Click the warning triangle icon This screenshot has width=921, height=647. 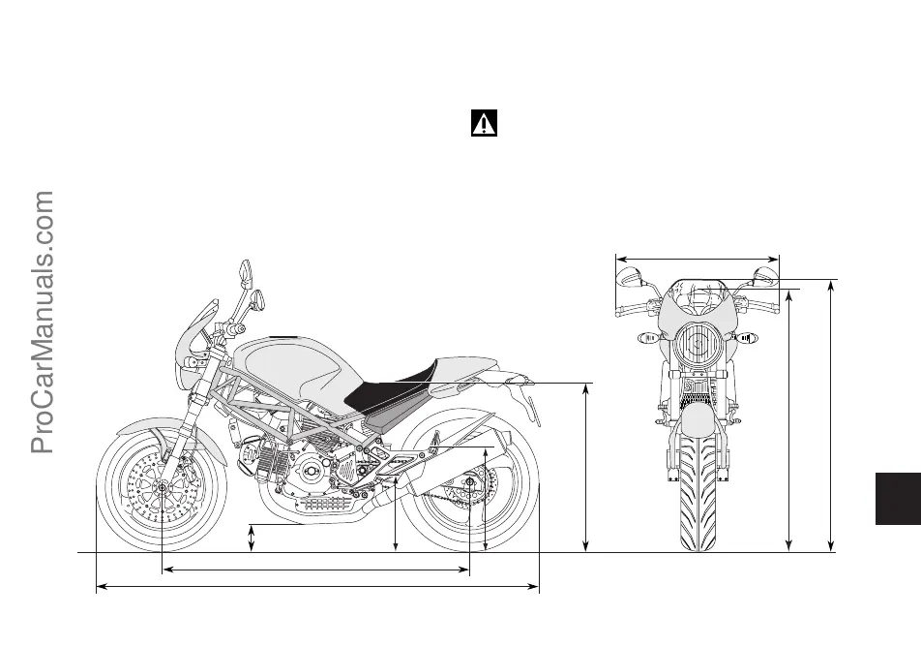tap(484, 124)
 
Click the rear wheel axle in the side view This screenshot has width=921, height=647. tap(469, 481)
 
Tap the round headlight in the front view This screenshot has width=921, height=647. tap(697, 345)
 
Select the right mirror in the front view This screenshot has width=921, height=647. tap(765, 277)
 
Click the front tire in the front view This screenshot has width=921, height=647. tap(697, 494)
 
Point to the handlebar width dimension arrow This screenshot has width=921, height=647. tap(697, 259)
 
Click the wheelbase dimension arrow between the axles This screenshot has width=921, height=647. tap(314, 570)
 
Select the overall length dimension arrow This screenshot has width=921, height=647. tap(317, 586)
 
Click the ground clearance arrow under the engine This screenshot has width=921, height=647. tap(252, 539)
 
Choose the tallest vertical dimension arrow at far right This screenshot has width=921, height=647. tap(832, 416)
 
